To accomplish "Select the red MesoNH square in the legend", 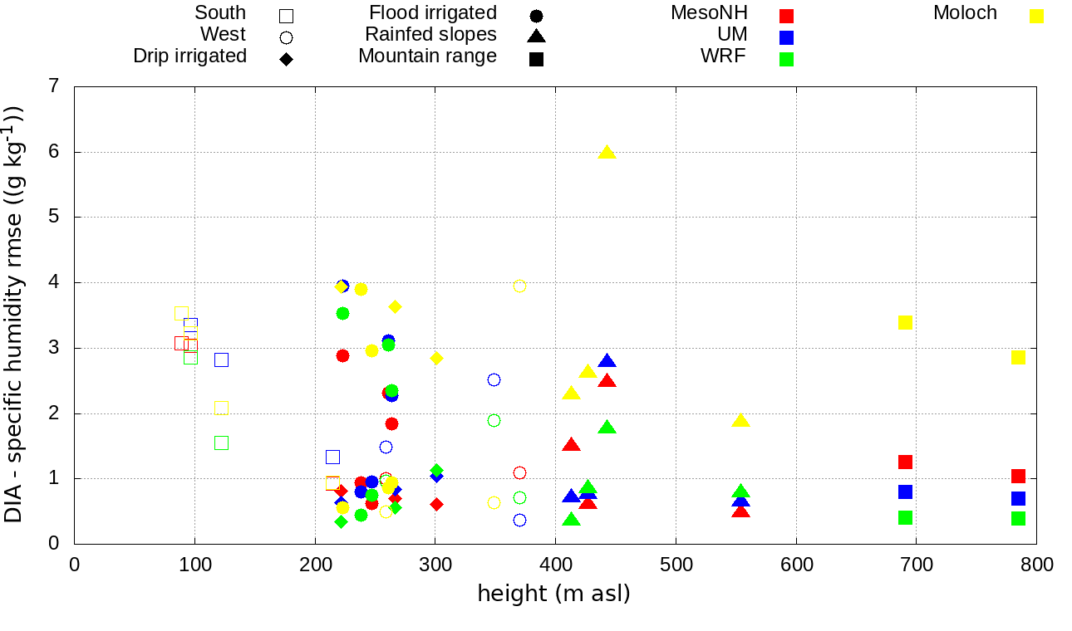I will [x=786, y=16].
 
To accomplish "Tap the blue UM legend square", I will [x=786, y=37].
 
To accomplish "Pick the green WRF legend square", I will [x=786, y=59].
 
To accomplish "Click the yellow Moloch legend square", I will [x=1036, y=16].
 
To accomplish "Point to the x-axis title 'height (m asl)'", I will [x=553, y=594].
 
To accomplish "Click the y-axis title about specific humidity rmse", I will [x=14, y=314].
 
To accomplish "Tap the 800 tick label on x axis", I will [x=1036, y=565].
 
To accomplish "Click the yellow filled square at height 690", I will [x=905, y=322].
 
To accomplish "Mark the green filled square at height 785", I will [x=1018, y=518].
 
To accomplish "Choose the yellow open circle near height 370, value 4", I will [x=519, y=286].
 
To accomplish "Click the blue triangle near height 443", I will [x=607, y=361].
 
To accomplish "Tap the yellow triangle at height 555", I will [x=740, y=420].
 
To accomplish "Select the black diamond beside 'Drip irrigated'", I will [x=286, y=59].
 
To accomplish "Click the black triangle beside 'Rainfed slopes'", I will [x=536, y=37].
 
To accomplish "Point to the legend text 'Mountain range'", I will [x=427, y=56].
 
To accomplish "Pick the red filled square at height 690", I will [x=905, y=462].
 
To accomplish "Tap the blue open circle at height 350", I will [x=494, y=379].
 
